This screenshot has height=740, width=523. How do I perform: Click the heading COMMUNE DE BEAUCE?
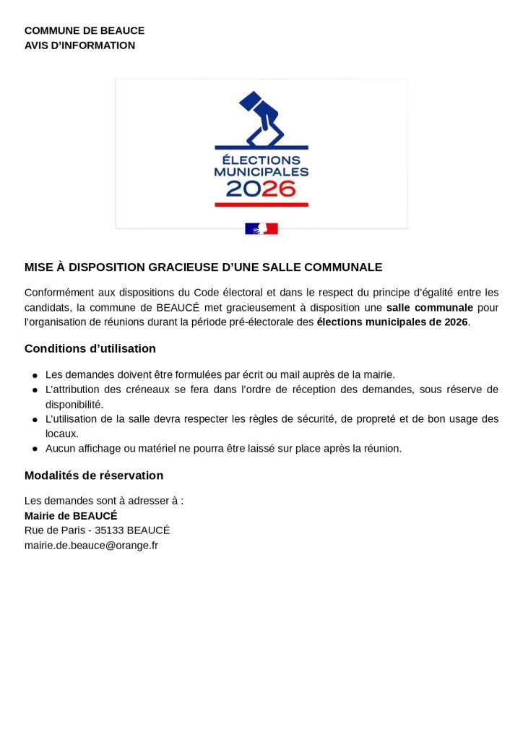click(85, 30)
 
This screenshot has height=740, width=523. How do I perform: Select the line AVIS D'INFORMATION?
click(79, 46)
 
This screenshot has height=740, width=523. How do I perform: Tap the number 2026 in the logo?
click(261, 189)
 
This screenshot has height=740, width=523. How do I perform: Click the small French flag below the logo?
click(261, 228)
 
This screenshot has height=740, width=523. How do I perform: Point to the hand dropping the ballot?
click(264, 119)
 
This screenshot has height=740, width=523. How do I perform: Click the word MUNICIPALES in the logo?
click(261, 172)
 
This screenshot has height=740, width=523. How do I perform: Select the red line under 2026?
click(261, 205)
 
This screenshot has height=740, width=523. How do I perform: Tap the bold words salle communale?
click(429, 307)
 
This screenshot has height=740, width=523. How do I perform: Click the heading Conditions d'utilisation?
click(90, 348)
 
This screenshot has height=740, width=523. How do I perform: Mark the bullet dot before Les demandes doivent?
click(35, 375)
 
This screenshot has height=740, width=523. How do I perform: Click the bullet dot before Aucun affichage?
click(35, 449)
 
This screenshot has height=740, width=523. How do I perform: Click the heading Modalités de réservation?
click(94, 476)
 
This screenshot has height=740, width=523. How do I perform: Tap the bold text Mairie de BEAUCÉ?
click(71, 516)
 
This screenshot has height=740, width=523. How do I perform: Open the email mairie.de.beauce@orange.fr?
click(91, 546)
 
